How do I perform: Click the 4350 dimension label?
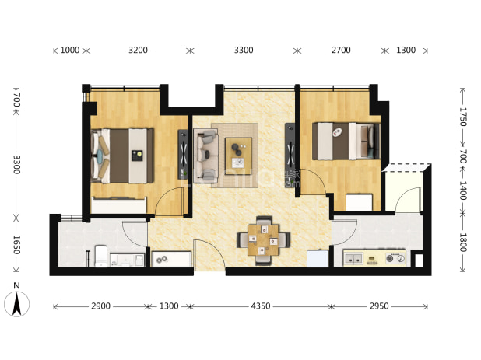[261, 306]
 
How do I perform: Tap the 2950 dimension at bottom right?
[379, 306]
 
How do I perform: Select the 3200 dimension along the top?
[138, 50]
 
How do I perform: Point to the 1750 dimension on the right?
[462, 117]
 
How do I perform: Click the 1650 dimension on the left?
[16, 245]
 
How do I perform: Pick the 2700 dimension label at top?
[341, 50]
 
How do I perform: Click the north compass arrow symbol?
[17, 303]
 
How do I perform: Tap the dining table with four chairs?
[263, 240]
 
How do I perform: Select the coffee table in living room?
[238, 156]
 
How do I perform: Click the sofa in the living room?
[205, 154]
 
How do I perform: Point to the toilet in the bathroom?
[100, 256]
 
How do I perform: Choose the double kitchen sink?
[353, 259]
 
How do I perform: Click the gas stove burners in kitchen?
[395, 259]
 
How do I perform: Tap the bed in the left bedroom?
[122, 156]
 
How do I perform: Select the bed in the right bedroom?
[346, 142]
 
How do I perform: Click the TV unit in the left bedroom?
[183, 155]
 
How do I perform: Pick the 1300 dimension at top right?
[406, 50]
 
